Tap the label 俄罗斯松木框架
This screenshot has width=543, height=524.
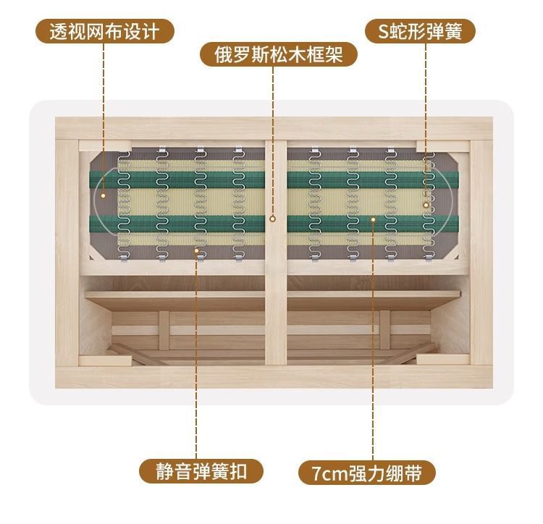point(278,54)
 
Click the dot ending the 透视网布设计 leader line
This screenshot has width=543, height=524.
point(104,194)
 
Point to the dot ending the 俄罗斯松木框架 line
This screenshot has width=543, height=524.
point(273,217)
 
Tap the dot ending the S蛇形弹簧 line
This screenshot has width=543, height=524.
point(427,206)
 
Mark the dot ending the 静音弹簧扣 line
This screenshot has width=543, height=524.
point(196,250)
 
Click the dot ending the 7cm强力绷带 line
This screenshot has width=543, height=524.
point(374,217)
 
